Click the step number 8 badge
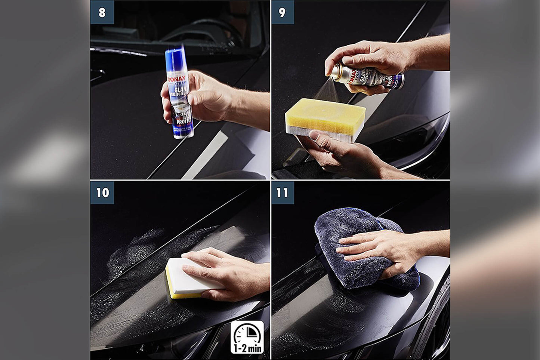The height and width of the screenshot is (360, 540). point(102,12)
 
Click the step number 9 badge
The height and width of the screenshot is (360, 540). point(283,12)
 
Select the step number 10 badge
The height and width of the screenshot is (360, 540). point(102,193)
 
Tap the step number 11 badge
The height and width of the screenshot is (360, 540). point(283,193)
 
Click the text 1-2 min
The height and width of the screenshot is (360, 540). point(247,349)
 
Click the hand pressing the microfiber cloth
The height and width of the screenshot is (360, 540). point(381,249)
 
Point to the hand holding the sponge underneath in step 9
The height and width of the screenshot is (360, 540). point(336,151)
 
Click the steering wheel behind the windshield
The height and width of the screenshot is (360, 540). point(202,32)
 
